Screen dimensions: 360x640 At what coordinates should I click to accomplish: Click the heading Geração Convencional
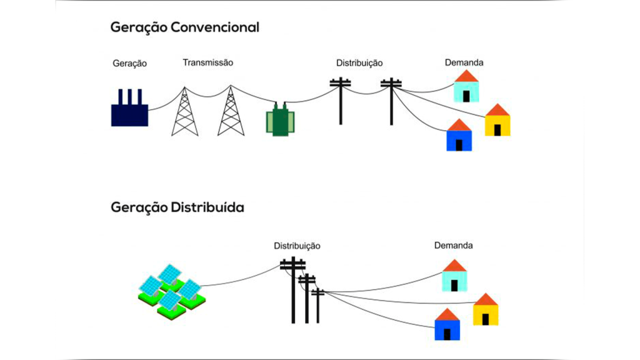coord(184,27)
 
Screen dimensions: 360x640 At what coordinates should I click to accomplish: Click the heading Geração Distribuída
coord(177,207)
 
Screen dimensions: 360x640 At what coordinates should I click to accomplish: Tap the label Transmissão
coord(208,62)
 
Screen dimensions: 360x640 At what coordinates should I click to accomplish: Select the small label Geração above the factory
coord(129,63)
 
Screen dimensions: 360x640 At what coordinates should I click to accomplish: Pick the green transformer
coord(279,120)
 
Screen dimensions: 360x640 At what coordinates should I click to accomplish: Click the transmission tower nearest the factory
coord(184,112)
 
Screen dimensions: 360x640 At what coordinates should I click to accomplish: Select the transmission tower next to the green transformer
coord(231,112)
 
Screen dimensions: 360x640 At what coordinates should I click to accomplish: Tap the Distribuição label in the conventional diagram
coord(359,63)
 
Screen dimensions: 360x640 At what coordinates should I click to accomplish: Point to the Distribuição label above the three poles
coord(297,246)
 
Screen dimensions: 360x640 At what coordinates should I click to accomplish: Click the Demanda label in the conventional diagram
coord(464,62)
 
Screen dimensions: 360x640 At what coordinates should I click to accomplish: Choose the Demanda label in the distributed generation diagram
coord(453,246)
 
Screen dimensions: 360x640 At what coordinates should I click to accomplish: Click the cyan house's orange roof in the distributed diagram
coord(454,265)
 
